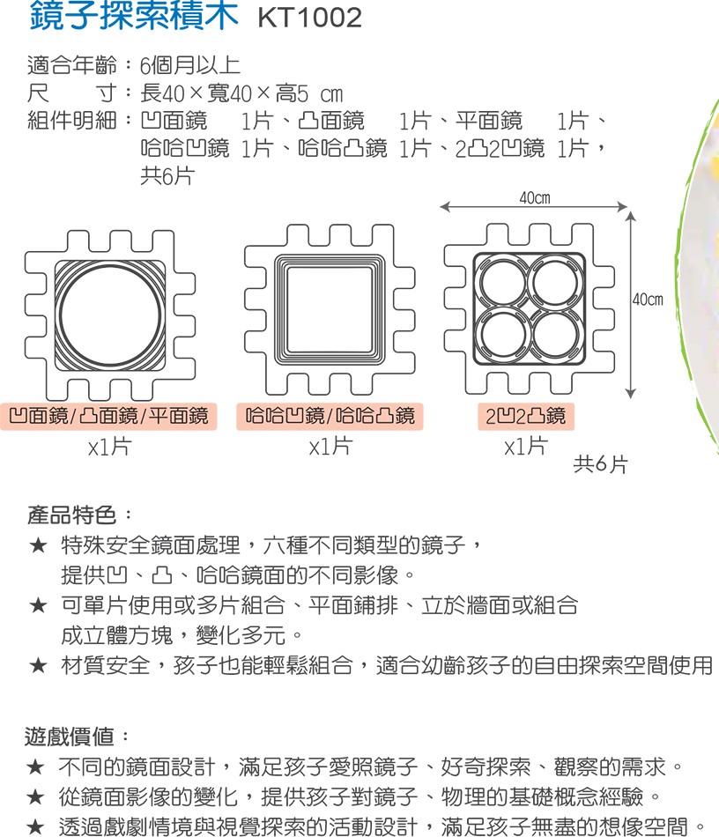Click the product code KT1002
[309, 18]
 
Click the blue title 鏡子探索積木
[134, 15]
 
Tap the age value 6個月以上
[190, 66]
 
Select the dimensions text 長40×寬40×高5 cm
[241, 94]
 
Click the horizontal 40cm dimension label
[535, 198]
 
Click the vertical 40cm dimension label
[648, 300]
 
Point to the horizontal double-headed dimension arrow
[534, 207]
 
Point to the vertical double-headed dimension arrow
[631, 305]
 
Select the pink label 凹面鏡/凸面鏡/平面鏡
[109, 417]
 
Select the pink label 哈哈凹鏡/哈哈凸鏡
[330, 417]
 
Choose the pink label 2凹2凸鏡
[526, 417]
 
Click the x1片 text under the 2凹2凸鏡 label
[526, 446]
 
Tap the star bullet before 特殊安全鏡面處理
[38, 545]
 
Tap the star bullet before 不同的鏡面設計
[35, 767]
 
